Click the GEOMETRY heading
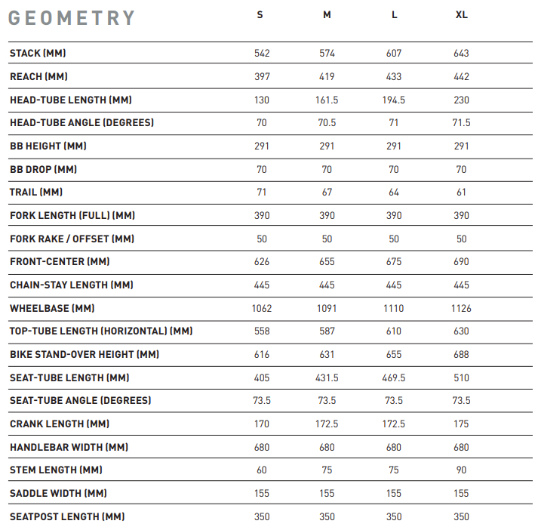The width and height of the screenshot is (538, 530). click(72, 18)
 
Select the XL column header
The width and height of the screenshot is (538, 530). click(461, 15)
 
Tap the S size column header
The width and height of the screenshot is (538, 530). click(260, 15)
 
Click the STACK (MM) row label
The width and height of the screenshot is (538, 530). click(42, 54)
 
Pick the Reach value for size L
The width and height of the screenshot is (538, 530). click(394, 77)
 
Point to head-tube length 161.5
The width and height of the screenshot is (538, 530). click(327, 100)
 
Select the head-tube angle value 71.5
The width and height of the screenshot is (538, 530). click(461, 123)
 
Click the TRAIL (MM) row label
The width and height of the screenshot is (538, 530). click(36, 193)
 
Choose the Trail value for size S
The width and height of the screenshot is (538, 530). click(262, 193)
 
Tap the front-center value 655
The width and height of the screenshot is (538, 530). click(327, 262)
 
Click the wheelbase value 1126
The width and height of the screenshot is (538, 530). click(461, 309)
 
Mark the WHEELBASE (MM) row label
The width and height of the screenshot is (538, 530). click(52, 309)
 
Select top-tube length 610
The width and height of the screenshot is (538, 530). click(394, 331)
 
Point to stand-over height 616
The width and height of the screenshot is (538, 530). click(262, 355)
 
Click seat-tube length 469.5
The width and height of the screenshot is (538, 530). click(394, 378)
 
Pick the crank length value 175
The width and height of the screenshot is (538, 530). click(461, 424)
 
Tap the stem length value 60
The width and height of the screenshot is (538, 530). click(262, 470)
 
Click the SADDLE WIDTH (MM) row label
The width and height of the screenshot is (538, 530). click(58, 494)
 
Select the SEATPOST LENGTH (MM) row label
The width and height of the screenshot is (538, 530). click(67, 517)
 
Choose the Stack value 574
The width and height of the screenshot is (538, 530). click(327, 54)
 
